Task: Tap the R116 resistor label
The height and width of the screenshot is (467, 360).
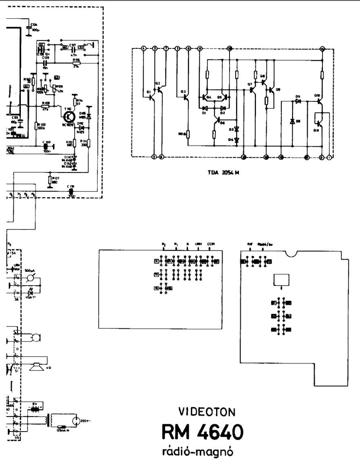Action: click(x=76, y=59)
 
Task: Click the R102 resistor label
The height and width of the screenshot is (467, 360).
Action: click(x=42, y=126)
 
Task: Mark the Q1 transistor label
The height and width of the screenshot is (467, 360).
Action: click(x=148, y=93)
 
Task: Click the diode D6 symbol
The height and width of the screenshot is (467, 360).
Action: click(x=292, y=121)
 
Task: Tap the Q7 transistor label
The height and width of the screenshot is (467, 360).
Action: click(x=250, y=84)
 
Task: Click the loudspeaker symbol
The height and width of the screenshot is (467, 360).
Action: click(x=37, y=366)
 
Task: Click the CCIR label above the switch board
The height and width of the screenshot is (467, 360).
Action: click(x=211, y=244)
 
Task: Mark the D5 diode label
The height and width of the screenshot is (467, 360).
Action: click(x=298, y=96)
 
